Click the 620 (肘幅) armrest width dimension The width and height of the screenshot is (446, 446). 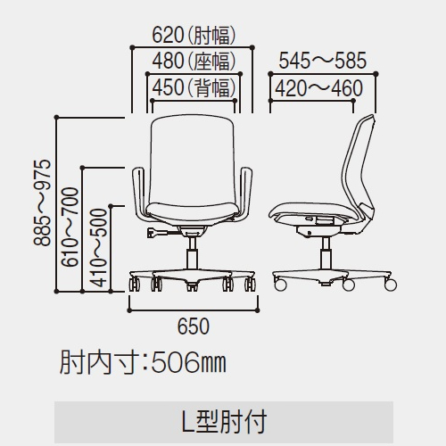[194, 36]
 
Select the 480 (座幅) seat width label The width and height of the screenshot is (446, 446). [194, 61]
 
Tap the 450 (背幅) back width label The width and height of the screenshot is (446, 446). [194, 87]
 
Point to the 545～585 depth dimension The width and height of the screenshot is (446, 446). [323, 61]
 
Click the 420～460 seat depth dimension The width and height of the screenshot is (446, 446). [318, 88]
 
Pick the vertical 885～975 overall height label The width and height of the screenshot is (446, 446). [42, 202]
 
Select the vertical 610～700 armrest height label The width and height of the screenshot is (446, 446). [70, 227]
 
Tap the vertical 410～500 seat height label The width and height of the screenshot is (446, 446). [98, 248]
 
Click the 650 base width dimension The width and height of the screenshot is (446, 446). [194, 326]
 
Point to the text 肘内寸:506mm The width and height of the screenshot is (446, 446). [143, 362]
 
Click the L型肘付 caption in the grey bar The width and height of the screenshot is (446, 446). [224, 422]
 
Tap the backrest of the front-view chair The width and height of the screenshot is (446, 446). [192, 159]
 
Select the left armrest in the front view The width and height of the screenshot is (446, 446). [139, 194]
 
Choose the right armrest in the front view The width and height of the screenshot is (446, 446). [245, 194]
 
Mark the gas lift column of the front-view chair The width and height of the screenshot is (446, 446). [192, 252]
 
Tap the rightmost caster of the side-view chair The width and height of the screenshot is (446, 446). [391, 285]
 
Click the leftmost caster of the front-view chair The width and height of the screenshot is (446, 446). [134, 285]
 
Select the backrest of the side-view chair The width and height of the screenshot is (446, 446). [359, 167]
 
